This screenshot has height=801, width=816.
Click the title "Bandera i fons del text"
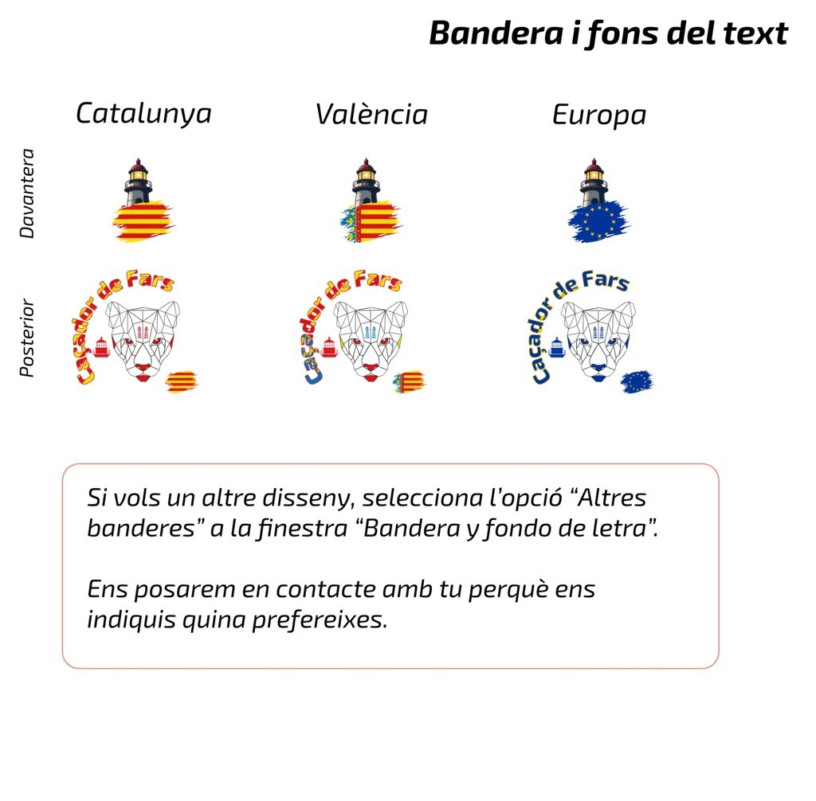click(x=608, y=34)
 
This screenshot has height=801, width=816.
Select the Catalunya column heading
click(x=143, y=113)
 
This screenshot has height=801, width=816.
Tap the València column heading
click(x=371, y=115)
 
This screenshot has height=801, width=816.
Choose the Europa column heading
click(x=598, y=115)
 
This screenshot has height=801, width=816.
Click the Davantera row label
click(x=28, y=193)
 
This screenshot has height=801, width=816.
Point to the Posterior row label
click(x=28, y=337)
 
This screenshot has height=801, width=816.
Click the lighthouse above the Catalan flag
click(x=138, y=182)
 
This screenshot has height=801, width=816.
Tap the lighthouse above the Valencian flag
click(x=365, y=182)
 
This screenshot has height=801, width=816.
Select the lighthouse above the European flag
click(x=593, y=182)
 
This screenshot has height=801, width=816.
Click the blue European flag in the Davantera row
click(x=598, y=221)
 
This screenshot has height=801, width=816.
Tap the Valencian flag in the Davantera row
click(x=371, y=221)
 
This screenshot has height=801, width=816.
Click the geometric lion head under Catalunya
click(x=143, y=339)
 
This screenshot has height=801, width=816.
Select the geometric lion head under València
click(x=371, y=339)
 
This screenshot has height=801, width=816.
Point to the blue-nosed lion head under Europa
click(x=598, y=339)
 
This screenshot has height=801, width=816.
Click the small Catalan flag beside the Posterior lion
click(x=182, y=381)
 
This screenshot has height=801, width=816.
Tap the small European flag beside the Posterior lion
click(x=637, y=382)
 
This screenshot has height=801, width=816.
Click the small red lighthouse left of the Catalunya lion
click(x=101, y=346)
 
